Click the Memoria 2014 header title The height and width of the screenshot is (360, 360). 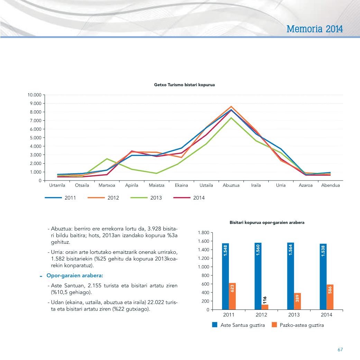(x=315, y=29)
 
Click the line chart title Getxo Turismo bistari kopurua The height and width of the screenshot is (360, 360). (x=184, y=85)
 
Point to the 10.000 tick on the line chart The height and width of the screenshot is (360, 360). (x=35, y=95)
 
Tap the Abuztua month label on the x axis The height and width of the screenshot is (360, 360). (x=231, y=185)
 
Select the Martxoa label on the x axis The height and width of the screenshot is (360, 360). (x=107, y=185)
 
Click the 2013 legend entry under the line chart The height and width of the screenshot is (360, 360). (x=146, y=198)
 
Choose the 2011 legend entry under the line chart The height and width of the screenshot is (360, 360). (x=61, y=198)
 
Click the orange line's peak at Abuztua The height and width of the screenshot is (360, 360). (x=231, y=107)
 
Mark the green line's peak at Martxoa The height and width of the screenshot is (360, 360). (x=107, y=159)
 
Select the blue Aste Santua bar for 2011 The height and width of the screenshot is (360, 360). (x=225, y=276)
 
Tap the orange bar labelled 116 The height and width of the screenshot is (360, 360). (x=265, y=307)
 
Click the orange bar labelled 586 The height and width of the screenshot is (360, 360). (x=330, y=297)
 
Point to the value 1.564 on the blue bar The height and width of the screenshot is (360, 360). (x=290, y=250)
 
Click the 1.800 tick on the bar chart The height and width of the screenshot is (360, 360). (x=203, y=233)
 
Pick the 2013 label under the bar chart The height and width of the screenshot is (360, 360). (x=294, y=315)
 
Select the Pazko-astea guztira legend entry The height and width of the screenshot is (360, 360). (x=298, y=325)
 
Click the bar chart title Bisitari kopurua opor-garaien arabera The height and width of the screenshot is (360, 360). (x=267, y=222)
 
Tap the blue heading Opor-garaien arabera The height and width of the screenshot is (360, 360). (x=75, y=276)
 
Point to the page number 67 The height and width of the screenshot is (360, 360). (x=340, y=350)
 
